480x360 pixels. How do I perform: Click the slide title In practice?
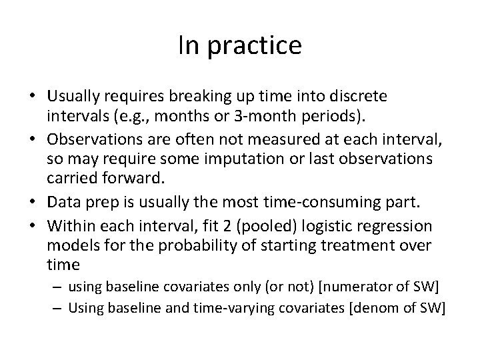pos(240,45)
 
